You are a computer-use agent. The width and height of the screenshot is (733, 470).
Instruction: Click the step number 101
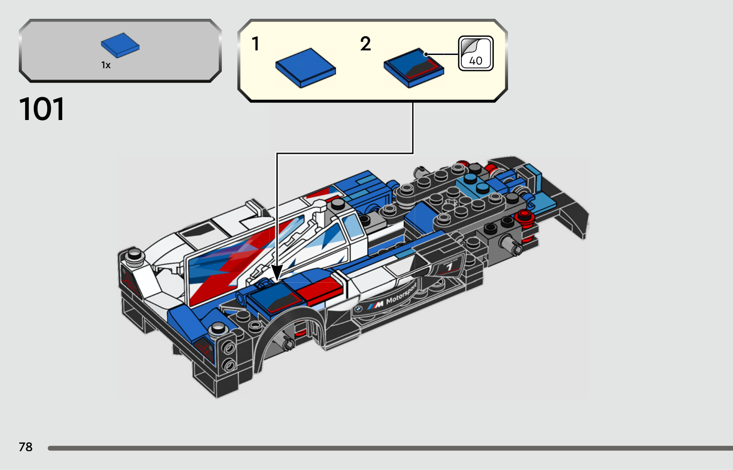(x=42, y=109)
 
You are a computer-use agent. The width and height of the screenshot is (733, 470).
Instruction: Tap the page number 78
(x=26, y=447)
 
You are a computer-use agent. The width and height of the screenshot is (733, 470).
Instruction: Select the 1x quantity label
(x=106, y=65)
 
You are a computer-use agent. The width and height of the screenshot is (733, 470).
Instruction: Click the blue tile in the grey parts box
(x=120, y=45)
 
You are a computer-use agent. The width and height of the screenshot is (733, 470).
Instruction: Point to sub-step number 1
(x=256, y=44)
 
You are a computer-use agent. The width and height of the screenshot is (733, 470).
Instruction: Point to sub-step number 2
(x=366, y=44)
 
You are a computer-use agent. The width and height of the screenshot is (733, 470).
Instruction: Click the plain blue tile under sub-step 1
(x=306, y=68)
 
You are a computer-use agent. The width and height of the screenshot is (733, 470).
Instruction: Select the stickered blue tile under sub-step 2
(x=414, y=68)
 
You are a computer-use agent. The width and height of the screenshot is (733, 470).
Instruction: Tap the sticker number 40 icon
(x=476, y=53)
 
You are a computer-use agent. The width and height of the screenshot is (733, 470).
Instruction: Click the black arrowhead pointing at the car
(x=277, y=273)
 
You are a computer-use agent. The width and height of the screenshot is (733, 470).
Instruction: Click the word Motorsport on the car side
(x=401, y=294)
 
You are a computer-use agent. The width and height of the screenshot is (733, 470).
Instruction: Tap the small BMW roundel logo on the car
(x=358, y=308)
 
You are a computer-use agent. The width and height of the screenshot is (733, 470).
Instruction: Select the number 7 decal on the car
(x=449, y=267)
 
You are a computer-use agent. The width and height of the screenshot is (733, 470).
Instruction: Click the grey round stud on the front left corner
(x=135, y=254)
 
